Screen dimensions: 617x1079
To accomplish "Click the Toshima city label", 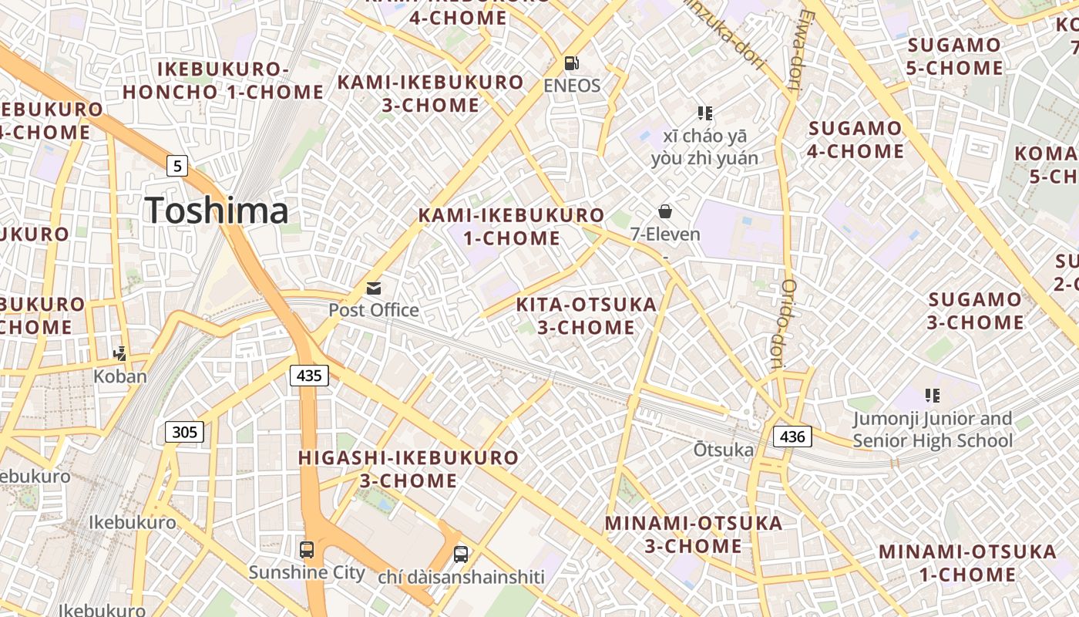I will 217,211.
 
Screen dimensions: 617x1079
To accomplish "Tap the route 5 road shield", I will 178,164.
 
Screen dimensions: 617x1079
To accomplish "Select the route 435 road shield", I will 309,376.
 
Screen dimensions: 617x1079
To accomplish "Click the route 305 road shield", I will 185,432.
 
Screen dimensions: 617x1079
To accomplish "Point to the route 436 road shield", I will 792,437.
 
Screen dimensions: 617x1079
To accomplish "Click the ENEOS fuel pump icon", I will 571,63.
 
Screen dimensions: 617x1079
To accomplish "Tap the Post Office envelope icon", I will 374,288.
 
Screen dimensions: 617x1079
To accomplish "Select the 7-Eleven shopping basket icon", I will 665,211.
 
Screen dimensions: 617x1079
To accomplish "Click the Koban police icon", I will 119,354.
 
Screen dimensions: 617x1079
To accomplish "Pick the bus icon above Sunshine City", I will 307,550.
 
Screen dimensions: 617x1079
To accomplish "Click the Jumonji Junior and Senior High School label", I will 933,430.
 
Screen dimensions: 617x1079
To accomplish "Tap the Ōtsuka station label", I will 723,449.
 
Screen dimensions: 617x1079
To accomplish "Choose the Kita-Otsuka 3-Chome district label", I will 586,315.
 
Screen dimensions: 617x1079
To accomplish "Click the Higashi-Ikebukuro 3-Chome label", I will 408,469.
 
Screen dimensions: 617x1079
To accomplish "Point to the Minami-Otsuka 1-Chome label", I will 967,563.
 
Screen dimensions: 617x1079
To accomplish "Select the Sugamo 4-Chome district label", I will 855,140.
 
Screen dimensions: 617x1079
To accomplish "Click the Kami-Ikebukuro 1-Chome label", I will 512,227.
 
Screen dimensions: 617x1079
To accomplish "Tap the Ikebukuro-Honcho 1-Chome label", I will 223,80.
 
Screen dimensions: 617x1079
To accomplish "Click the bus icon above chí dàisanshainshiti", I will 461,554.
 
